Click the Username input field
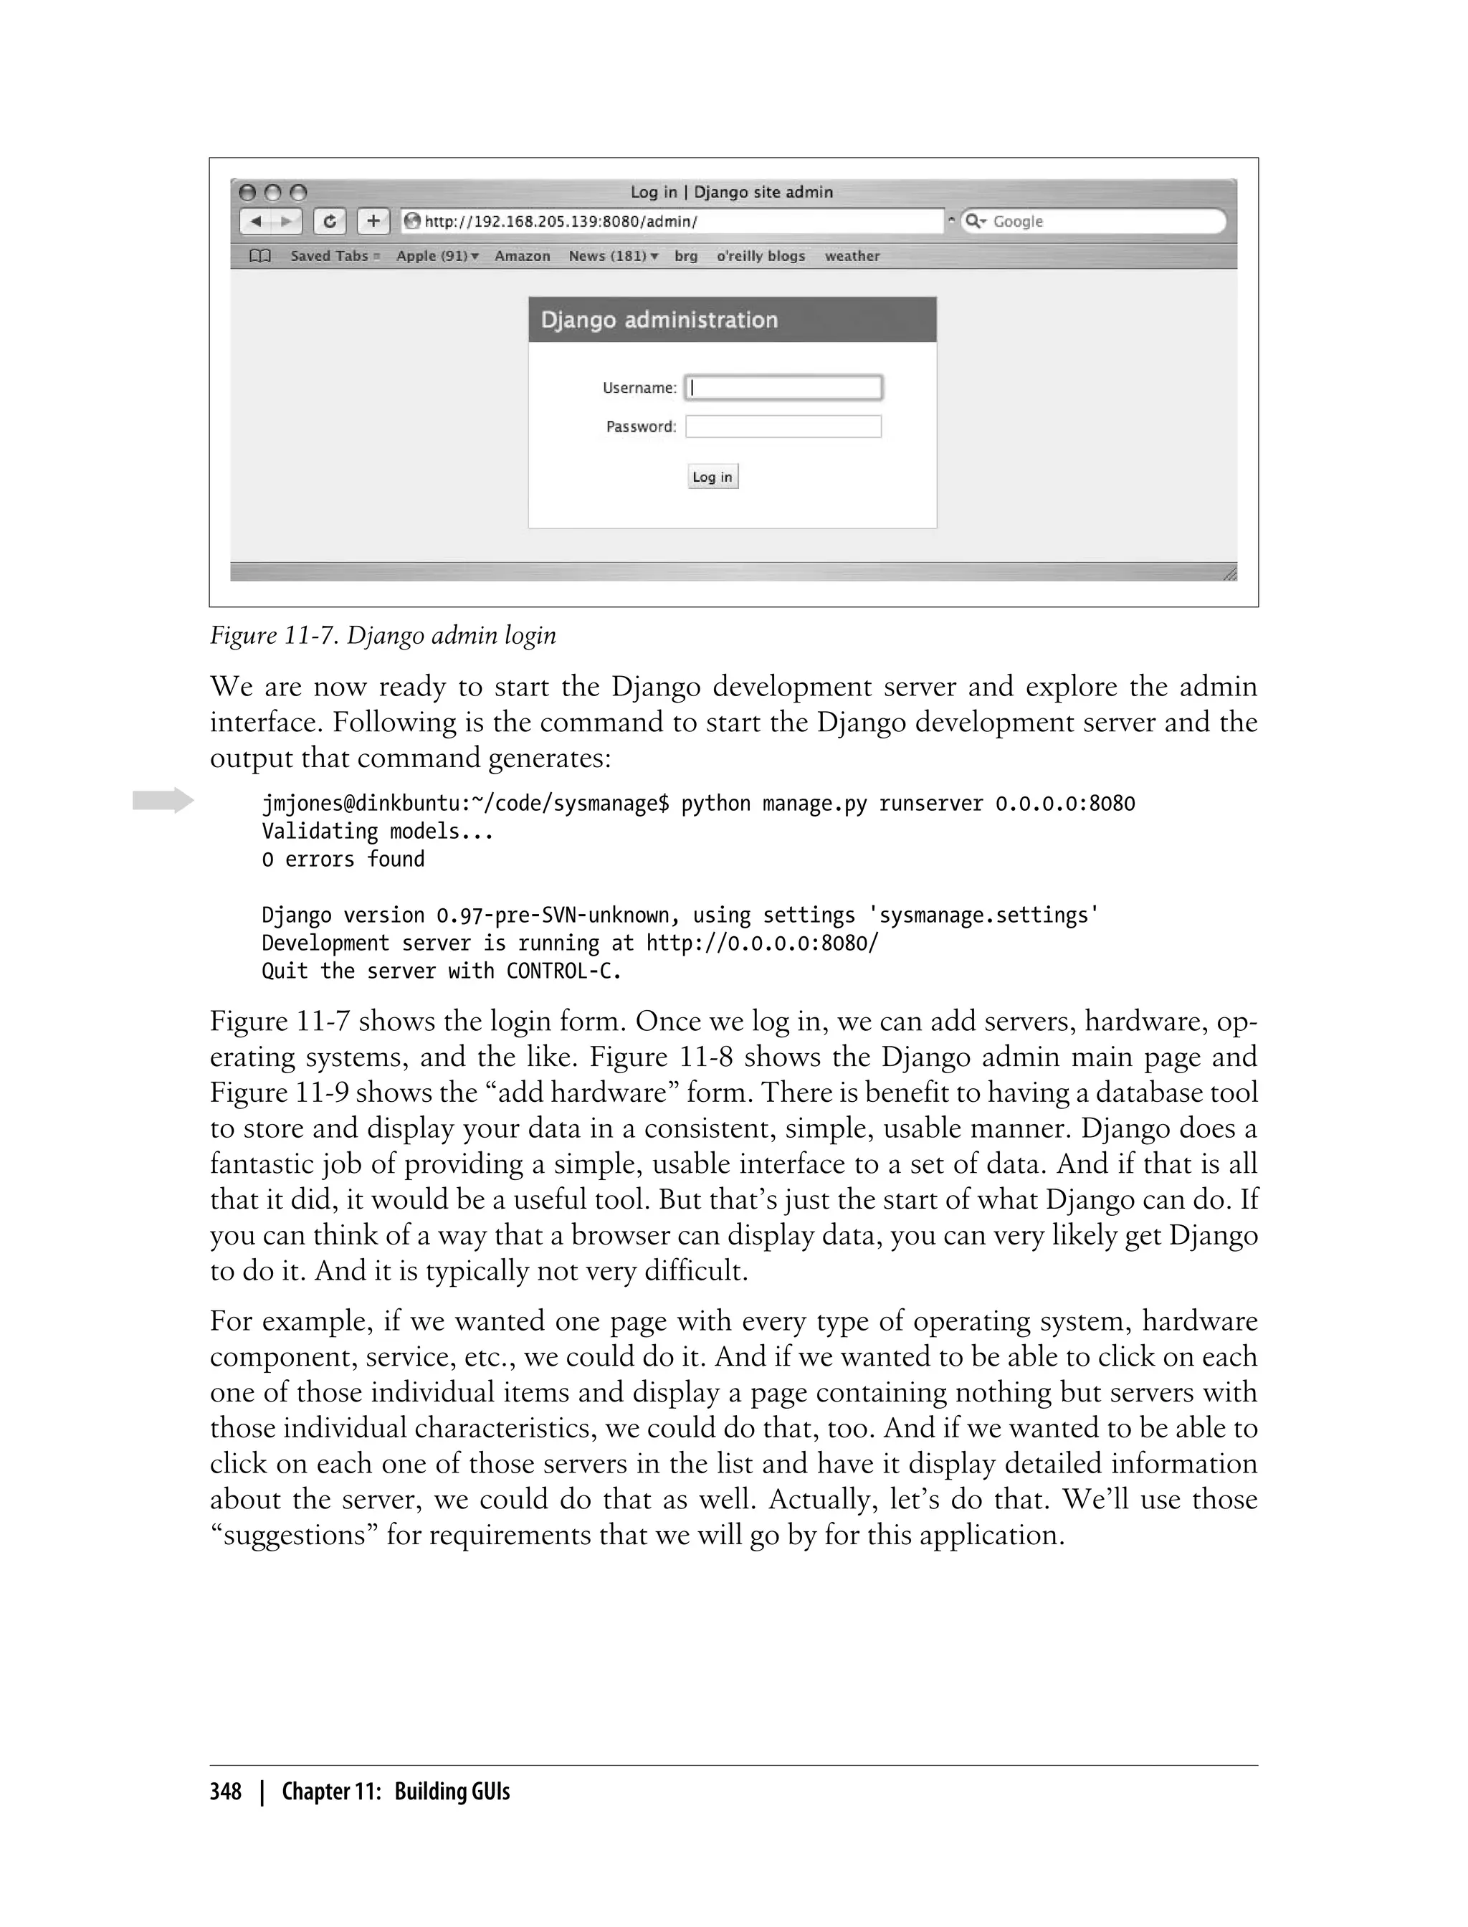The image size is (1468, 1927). click(783, 388)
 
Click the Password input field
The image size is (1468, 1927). click(783, 427)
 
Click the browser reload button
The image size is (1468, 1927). click(330, 221)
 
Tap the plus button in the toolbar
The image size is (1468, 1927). click(373, 221)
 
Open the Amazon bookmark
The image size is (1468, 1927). click(523, 256)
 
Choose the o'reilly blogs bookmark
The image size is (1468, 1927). click(761, 256)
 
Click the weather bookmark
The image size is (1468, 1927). click(852, 256)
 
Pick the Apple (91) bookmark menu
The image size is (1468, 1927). click(437, 256)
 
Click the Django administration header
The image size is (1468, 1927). click(659, 320)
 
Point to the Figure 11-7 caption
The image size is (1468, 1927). click(383, 635)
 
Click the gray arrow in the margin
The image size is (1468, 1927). click(163, 799)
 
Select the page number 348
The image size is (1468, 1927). click(226, 1792)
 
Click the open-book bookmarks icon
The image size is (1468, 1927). click(260, 256)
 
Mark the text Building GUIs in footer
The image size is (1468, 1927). click(452, 1792)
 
